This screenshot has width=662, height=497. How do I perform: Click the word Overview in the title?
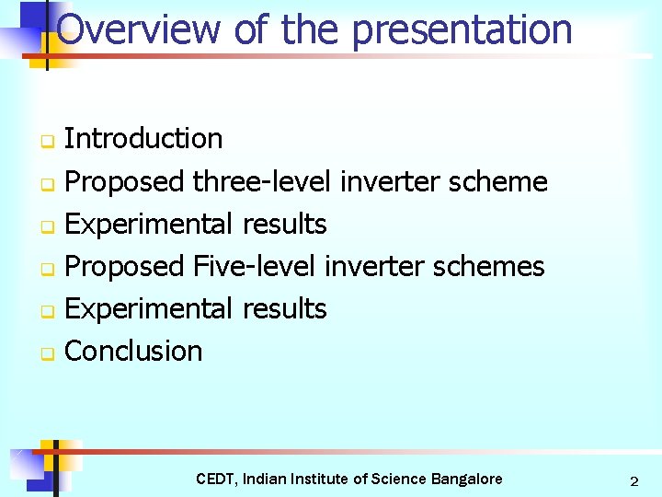[x=138, y=29]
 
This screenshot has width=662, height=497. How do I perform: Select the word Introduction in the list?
[x=143, y=139]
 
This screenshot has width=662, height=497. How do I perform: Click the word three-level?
[x=262, y=181]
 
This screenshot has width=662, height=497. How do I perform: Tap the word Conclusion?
[x=134, y=351]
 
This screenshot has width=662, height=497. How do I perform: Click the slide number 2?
[x=633, y=481]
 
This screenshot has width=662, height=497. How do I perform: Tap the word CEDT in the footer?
[x=217, y=479]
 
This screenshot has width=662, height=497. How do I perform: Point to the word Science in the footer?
[x=399, y=479]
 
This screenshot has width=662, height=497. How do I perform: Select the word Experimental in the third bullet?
[x=150, y=224]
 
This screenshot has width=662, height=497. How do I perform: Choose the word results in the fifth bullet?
[x=284, y=308]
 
